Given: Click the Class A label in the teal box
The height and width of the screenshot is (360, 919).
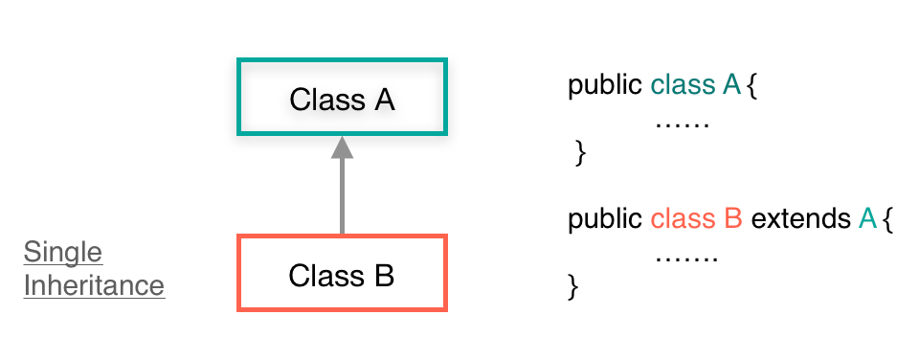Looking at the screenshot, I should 342,99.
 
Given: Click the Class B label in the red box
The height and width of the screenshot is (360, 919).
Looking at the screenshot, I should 342,276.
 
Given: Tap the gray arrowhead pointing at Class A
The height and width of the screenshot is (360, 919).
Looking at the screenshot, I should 342,146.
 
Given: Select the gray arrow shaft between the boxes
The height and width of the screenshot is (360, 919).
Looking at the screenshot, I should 342,196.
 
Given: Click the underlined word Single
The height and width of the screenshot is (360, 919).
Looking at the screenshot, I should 62,253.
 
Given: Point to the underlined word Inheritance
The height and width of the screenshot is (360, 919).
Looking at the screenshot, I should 94,285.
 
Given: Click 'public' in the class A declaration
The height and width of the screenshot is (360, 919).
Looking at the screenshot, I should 605,85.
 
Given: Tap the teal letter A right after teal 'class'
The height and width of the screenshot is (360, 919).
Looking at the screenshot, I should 731,85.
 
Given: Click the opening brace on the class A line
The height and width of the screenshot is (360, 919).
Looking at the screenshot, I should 751,86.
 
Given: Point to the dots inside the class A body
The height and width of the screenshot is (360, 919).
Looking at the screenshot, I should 681,124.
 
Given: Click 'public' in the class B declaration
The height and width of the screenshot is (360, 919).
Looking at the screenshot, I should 605,219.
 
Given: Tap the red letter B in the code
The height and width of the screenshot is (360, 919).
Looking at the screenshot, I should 732,219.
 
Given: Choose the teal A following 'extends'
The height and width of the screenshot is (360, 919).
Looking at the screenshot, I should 867,219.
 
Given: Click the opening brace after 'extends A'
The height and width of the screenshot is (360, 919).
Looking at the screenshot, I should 887,220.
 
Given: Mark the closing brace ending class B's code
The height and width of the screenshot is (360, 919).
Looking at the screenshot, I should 574,284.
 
